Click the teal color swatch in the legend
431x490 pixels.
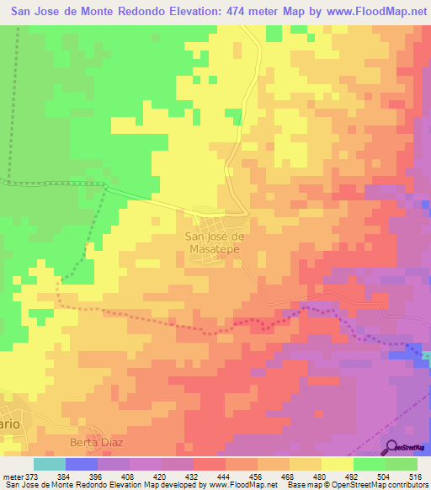(x=50, y=464)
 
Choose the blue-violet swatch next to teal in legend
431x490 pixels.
(x=82, y=464)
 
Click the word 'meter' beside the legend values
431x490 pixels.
(x=13, y=476)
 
